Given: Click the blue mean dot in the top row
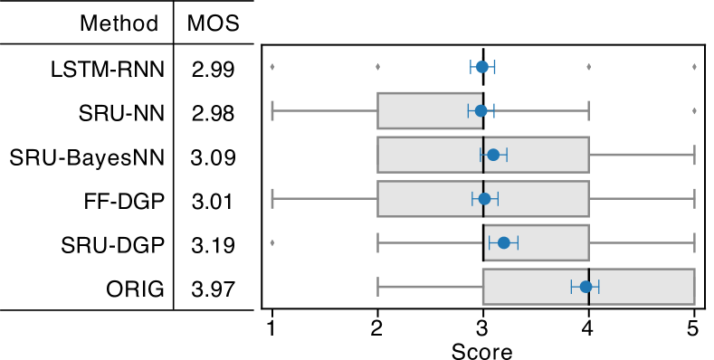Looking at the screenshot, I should point(482,67).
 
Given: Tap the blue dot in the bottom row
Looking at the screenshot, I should point(585,287).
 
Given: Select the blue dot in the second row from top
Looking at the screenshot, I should point(481,110).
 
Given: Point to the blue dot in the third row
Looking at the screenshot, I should point(493,155).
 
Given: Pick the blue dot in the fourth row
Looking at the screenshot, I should point(484,199).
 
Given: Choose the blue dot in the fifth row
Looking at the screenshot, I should point(504,242).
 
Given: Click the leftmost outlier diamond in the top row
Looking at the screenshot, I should point(272,67).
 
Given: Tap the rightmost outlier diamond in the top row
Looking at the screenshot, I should point(694,67).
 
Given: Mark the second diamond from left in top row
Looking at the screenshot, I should point(377,67).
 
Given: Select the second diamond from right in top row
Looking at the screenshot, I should point(588,67).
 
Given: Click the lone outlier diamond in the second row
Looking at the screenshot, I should point(694,111).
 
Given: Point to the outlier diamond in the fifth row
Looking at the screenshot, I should point(272,242).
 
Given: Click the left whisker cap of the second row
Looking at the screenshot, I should point(272,110).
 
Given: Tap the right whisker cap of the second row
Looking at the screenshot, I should point(588,110).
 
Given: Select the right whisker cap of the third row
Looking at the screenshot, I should point(694,155).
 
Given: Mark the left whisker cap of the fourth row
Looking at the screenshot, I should point(272,199).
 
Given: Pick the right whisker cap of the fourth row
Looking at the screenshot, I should point(694,199).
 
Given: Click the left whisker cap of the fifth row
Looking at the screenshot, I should point(377,242).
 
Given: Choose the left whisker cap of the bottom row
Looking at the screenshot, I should point(377,287).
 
